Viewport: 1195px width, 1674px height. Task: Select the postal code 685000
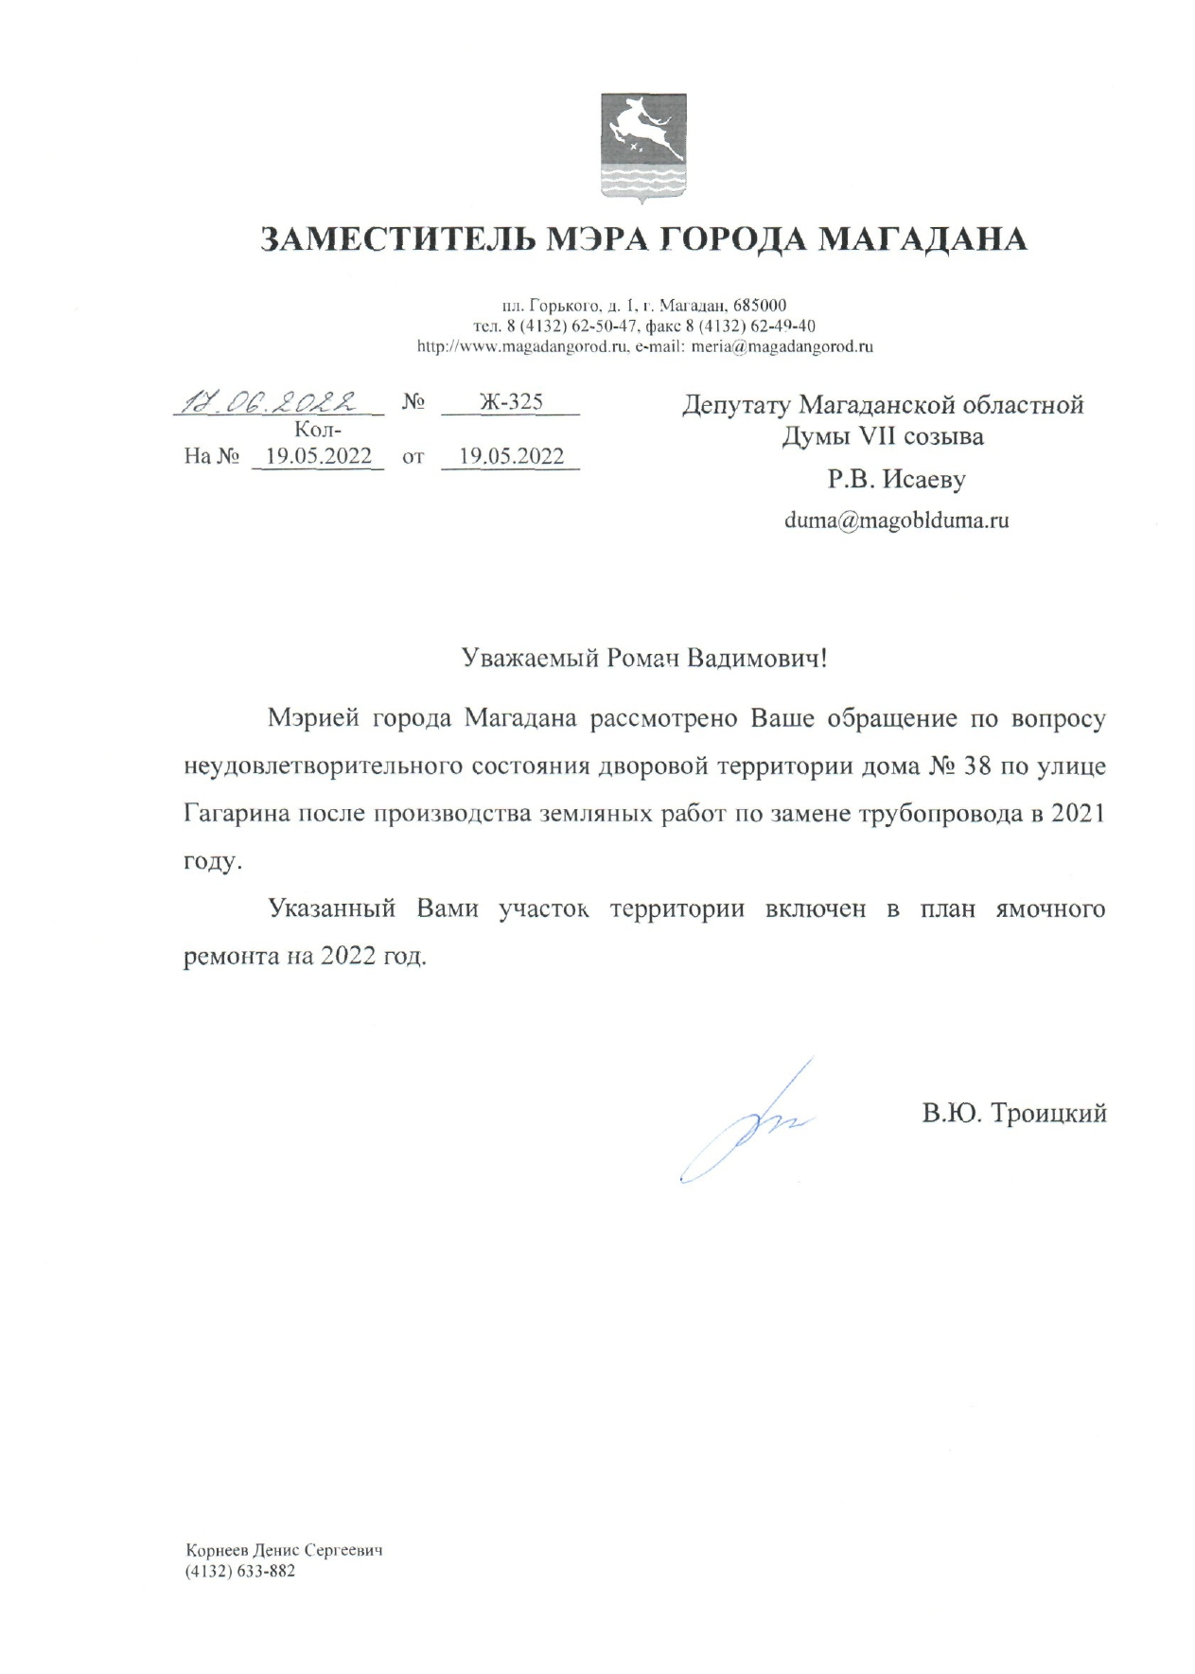tap(760, 306)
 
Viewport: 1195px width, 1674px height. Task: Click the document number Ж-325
tap(511, 401)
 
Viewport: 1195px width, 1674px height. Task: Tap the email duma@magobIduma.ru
tap(896, 520)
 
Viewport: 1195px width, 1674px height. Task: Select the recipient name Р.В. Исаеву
tap(896, 480)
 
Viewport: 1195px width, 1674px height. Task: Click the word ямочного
tap(1050, 909)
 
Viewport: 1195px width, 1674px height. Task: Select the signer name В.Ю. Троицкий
tap(1014, 1113)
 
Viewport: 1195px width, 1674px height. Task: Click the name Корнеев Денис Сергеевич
tap(284, 1551)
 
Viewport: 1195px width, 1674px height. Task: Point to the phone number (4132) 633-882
tap(240, 1572)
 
